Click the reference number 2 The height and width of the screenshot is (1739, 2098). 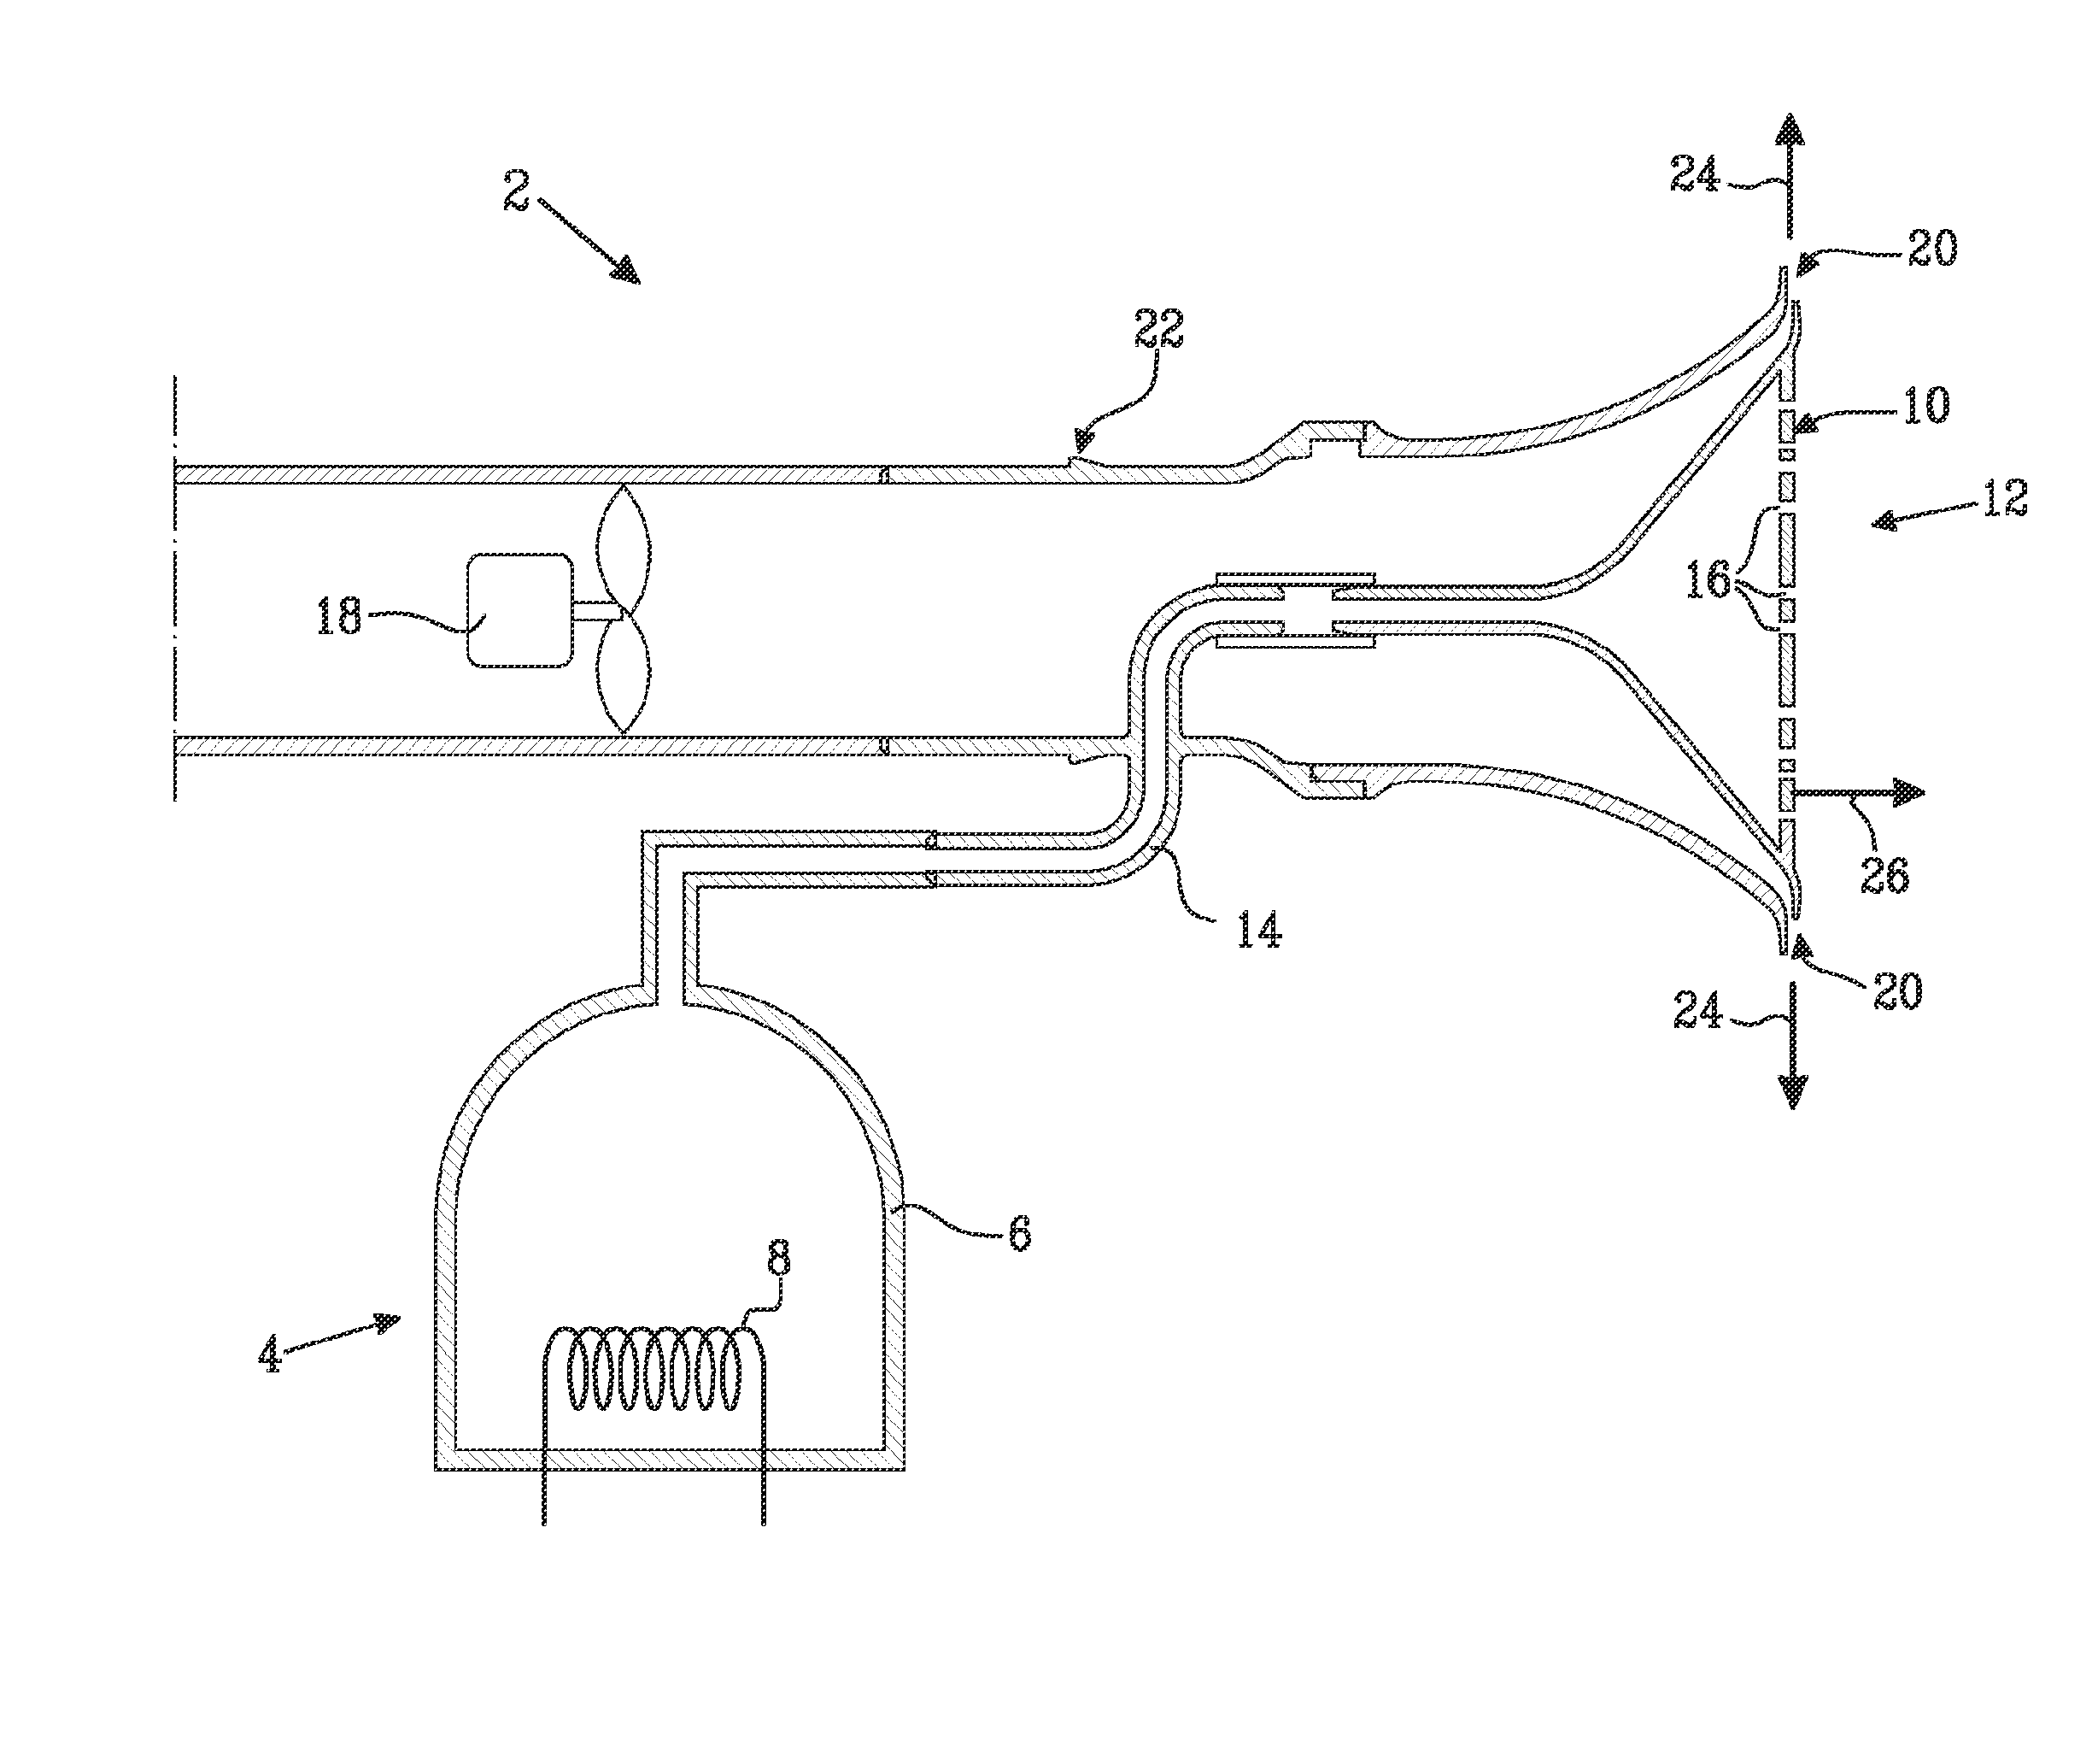click(517, 190)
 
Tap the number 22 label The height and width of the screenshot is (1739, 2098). click(1159, 329)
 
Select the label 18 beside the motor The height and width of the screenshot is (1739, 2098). click(338, 617)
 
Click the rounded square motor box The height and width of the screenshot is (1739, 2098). click(520, 609)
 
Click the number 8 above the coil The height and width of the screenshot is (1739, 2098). click(779, 1260)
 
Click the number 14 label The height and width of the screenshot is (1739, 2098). click(1259, 931)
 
